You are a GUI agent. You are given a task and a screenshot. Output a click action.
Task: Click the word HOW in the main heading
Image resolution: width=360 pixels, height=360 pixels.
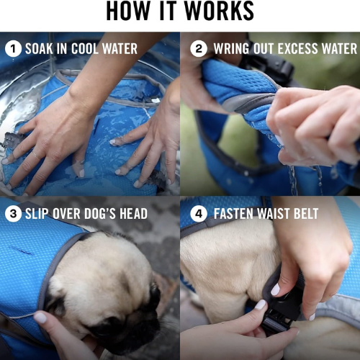(127, 11)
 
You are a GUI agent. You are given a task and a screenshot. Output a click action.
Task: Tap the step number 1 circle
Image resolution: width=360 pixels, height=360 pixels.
(13, 49)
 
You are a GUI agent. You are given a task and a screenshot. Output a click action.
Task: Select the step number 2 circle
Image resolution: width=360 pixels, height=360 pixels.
(199, 49)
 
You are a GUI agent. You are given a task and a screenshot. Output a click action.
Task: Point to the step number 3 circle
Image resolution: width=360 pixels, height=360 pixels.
(13, 213)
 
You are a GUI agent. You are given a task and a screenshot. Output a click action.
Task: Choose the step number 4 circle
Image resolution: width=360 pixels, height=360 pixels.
(199, 213)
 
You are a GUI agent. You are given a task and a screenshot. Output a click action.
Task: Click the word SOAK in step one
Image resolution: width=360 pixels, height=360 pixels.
(39, 49)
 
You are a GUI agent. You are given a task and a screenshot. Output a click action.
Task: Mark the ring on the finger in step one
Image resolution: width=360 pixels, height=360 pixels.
(37, 155)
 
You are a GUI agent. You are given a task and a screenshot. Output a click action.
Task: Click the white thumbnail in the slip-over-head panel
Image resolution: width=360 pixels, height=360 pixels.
(40, 318)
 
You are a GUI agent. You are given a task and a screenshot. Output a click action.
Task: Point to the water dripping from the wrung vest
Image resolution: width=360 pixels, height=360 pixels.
(294, 179)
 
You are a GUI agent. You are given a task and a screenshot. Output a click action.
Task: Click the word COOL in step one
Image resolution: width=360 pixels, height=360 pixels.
(85, 49)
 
